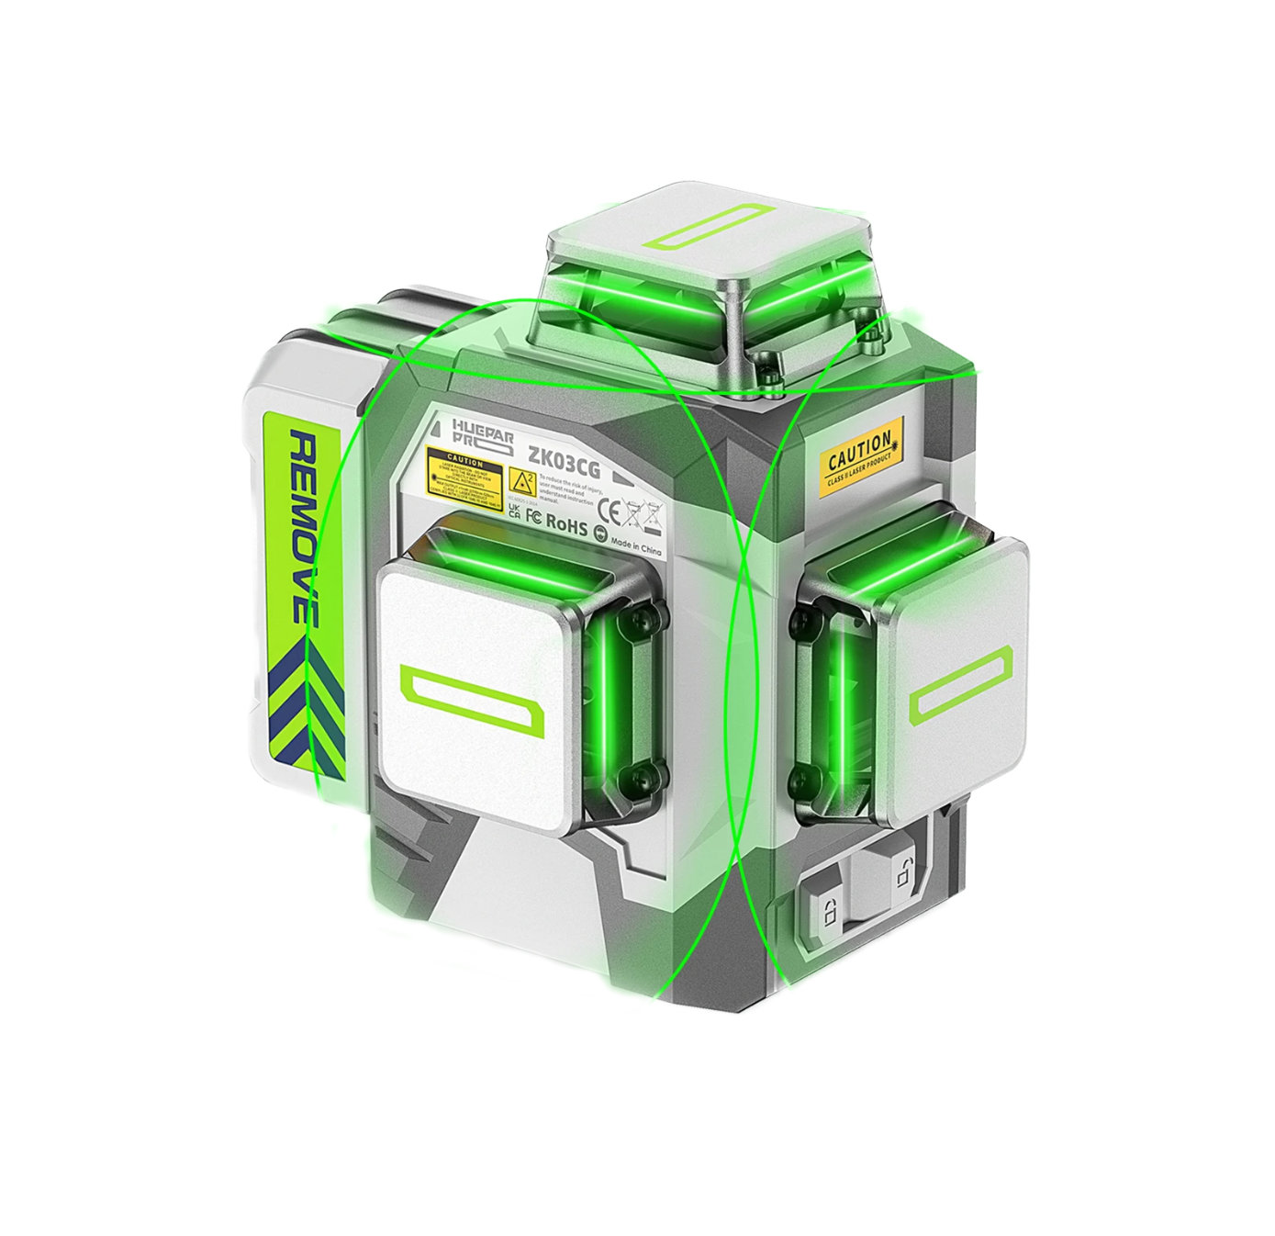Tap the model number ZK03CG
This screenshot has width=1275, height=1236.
click(x=564, y=466)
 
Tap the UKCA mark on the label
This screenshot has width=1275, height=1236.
click(x=514, y=511)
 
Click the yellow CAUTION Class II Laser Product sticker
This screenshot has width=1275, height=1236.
click(x=860, y=456)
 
